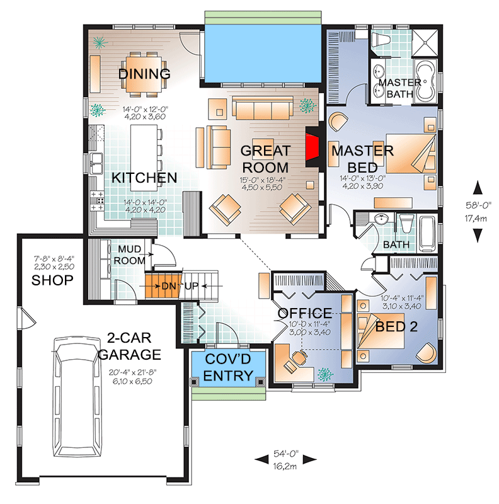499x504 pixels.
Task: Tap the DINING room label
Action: click(144, 74)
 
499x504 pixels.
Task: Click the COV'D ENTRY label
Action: click(228, 367)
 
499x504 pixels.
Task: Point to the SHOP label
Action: click(52, 280)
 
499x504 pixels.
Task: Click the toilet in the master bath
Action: click(381, 40)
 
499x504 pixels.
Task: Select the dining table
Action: click(144, 74)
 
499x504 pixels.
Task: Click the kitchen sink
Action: click(96, 163)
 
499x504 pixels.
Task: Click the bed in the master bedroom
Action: click(411, 154)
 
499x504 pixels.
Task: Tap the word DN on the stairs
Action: click(169, 286)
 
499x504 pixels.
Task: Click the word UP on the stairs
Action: click(192, 286)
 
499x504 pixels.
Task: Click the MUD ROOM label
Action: click(129, 255)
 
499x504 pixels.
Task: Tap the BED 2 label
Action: click(396, 326)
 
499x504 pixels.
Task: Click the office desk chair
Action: click(300, 357)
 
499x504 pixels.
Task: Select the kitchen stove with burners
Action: click(97, 201)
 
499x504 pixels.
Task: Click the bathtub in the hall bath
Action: click(428, 233)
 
